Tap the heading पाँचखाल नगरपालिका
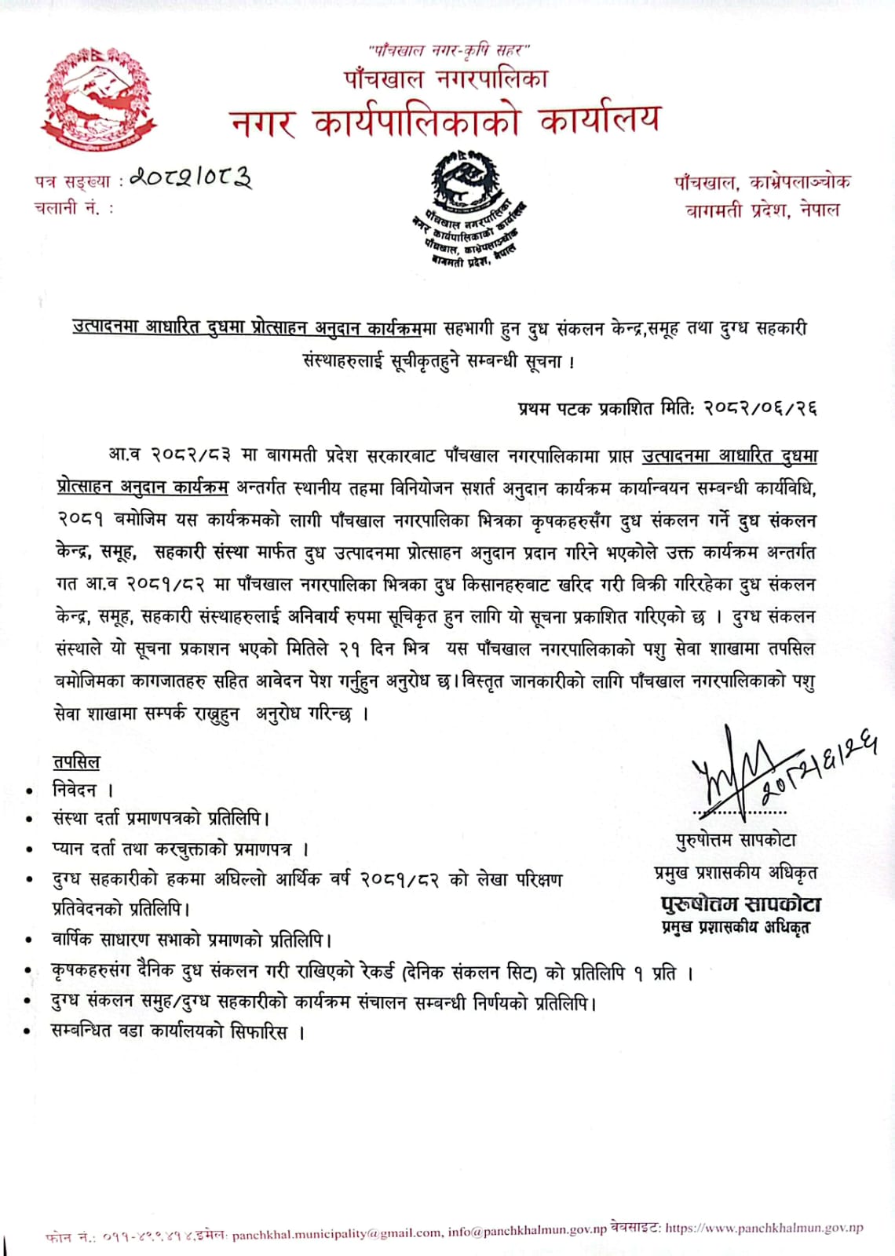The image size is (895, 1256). pyautogui.click(x=446, y=79)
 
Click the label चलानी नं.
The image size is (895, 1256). pyautogui.click(x=72, y=208)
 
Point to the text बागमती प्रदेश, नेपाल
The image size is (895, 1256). pyautogui.click(x=762, y=210)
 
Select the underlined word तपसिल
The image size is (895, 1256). pyautogui.click(x=76, y=762)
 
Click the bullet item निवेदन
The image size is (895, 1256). pyautogui.click(x=75, y=790)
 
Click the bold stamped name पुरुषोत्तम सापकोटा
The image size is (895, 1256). pyautogui.click(x=741, y=904)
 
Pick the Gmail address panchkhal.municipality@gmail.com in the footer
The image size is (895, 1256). pyautogui.click(x=337, y=1233)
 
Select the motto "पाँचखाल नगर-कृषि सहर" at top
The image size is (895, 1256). pyautogui.click(x=449, y=51)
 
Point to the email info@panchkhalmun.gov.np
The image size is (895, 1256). pyautogui.click(x=528, y=1231)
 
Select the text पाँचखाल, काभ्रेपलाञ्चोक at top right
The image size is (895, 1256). pyautogui.click(x=762, y=182)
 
